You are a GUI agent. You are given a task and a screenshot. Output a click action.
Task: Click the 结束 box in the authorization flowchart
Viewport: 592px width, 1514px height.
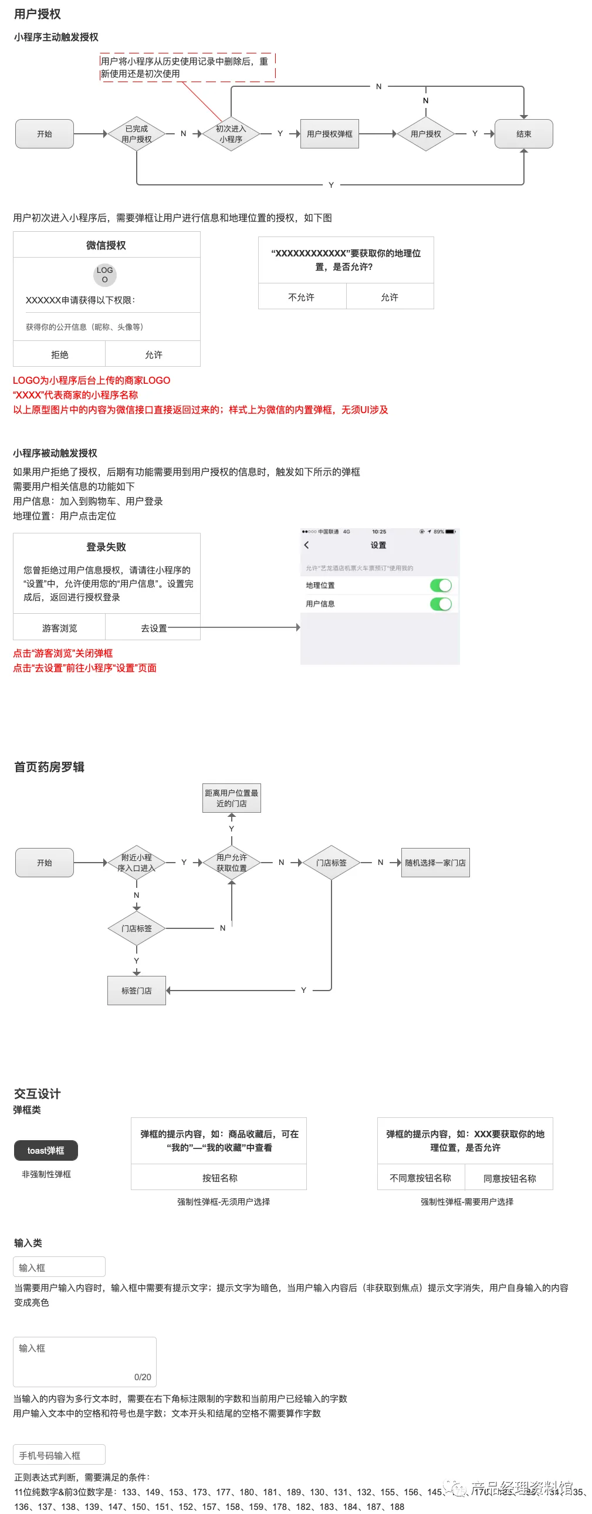[523, 134]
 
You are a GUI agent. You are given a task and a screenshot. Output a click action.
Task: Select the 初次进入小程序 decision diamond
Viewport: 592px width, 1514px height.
[231, 134]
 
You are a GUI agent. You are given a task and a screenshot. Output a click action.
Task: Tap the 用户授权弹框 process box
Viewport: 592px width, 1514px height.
[329, 134]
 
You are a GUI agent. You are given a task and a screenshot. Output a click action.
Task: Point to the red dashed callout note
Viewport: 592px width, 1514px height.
[187, 67]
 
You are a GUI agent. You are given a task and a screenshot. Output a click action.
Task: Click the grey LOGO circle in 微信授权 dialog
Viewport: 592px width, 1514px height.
[105, 275]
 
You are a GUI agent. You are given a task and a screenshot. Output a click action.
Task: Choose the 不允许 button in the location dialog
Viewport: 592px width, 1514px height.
[302, 298]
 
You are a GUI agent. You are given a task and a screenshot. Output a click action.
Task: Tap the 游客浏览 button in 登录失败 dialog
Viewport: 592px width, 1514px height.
[59, 628]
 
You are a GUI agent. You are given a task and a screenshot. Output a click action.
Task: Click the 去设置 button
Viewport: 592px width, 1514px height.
[154, 628]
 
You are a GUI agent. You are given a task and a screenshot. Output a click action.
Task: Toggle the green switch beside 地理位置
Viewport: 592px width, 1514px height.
[441, 586]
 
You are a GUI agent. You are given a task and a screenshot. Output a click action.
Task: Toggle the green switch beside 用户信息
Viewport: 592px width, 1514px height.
[441, 604]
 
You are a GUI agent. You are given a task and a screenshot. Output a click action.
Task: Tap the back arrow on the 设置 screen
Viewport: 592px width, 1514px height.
[306, 545]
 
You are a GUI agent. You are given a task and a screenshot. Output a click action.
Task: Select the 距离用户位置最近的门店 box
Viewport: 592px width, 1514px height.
[232, 798]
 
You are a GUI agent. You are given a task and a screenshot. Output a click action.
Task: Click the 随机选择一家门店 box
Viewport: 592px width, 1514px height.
[435, 863]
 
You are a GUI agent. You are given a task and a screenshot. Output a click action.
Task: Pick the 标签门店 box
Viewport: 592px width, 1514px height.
[136, 991]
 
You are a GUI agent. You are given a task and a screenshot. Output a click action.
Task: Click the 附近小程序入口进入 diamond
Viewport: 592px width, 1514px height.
[136, 863]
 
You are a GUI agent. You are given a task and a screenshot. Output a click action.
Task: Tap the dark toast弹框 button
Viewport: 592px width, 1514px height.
[46, 1151]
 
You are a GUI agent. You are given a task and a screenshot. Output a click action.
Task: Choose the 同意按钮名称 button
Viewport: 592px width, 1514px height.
[509, 1178]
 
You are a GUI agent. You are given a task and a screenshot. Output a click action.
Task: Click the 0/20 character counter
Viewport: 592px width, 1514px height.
[142, 1377]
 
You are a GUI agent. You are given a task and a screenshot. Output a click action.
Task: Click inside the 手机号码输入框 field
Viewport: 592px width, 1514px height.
[59, 1455]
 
